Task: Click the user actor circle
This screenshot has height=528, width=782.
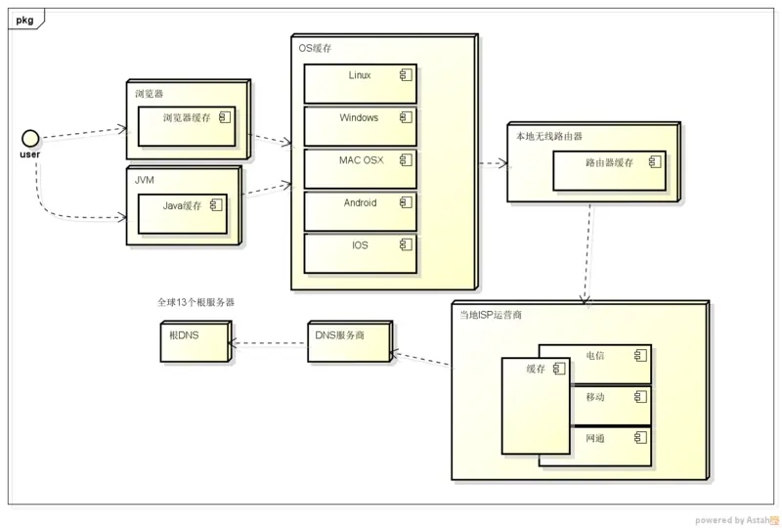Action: click(30, 137)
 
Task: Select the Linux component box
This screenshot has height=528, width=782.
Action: click(360, 84)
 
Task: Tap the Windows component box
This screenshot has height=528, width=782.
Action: click(360, 126)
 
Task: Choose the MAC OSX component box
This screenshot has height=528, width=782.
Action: click(360, 168)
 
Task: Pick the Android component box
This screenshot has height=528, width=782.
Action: click(360, 211)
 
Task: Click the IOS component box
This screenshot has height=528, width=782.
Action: click(360, 253)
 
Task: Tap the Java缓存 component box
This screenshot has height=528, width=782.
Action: click(183, 213)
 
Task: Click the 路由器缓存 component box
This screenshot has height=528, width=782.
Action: click(609, 170)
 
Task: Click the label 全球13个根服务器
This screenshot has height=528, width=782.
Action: click(196, 303)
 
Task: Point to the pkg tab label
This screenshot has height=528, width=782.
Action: click(25, 19)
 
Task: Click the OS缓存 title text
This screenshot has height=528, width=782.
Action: click(315, 48)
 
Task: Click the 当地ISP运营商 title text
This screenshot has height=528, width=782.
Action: click(492, 315)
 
